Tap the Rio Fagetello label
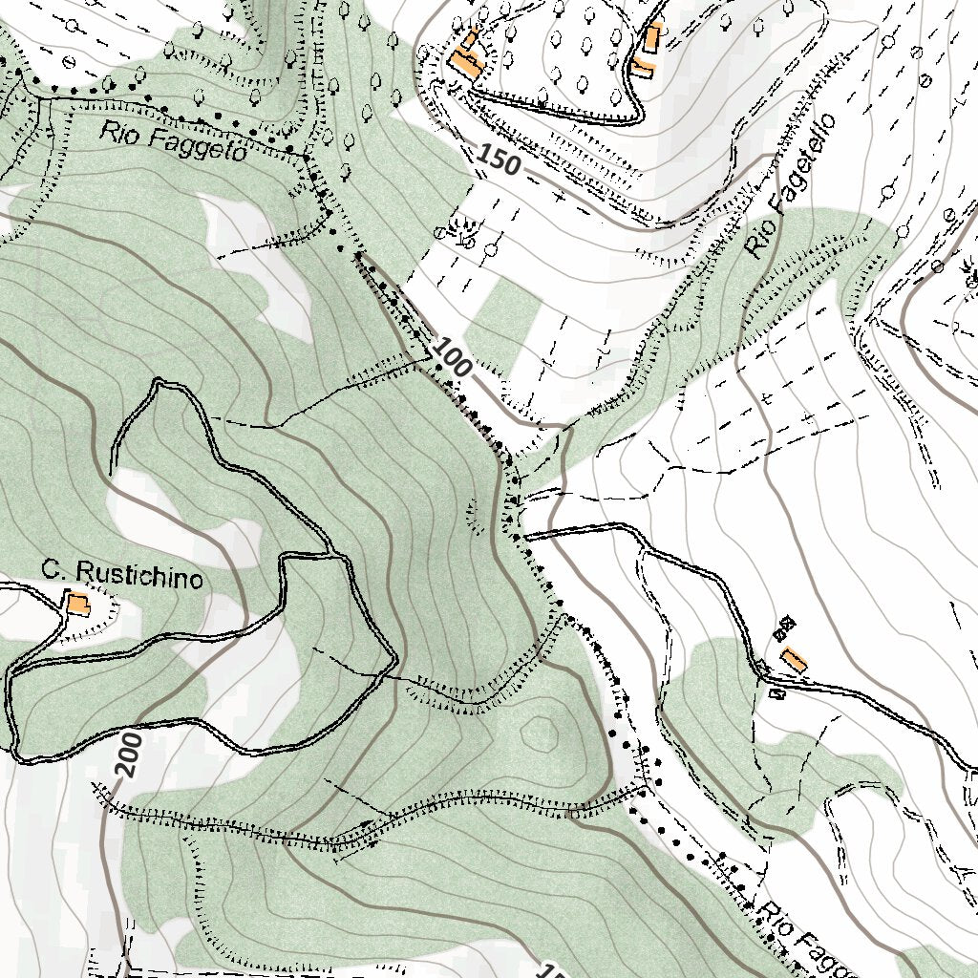[791, 187]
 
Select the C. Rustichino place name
[122, 575]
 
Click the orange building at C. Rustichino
[77, 605]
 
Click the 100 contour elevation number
[450, 357]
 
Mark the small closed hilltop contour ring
[540, 733]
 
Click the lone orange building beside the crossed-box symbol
[794, 659]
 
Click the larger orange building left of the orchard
[465, 66]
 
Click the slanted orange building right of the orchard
[642, 67]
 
